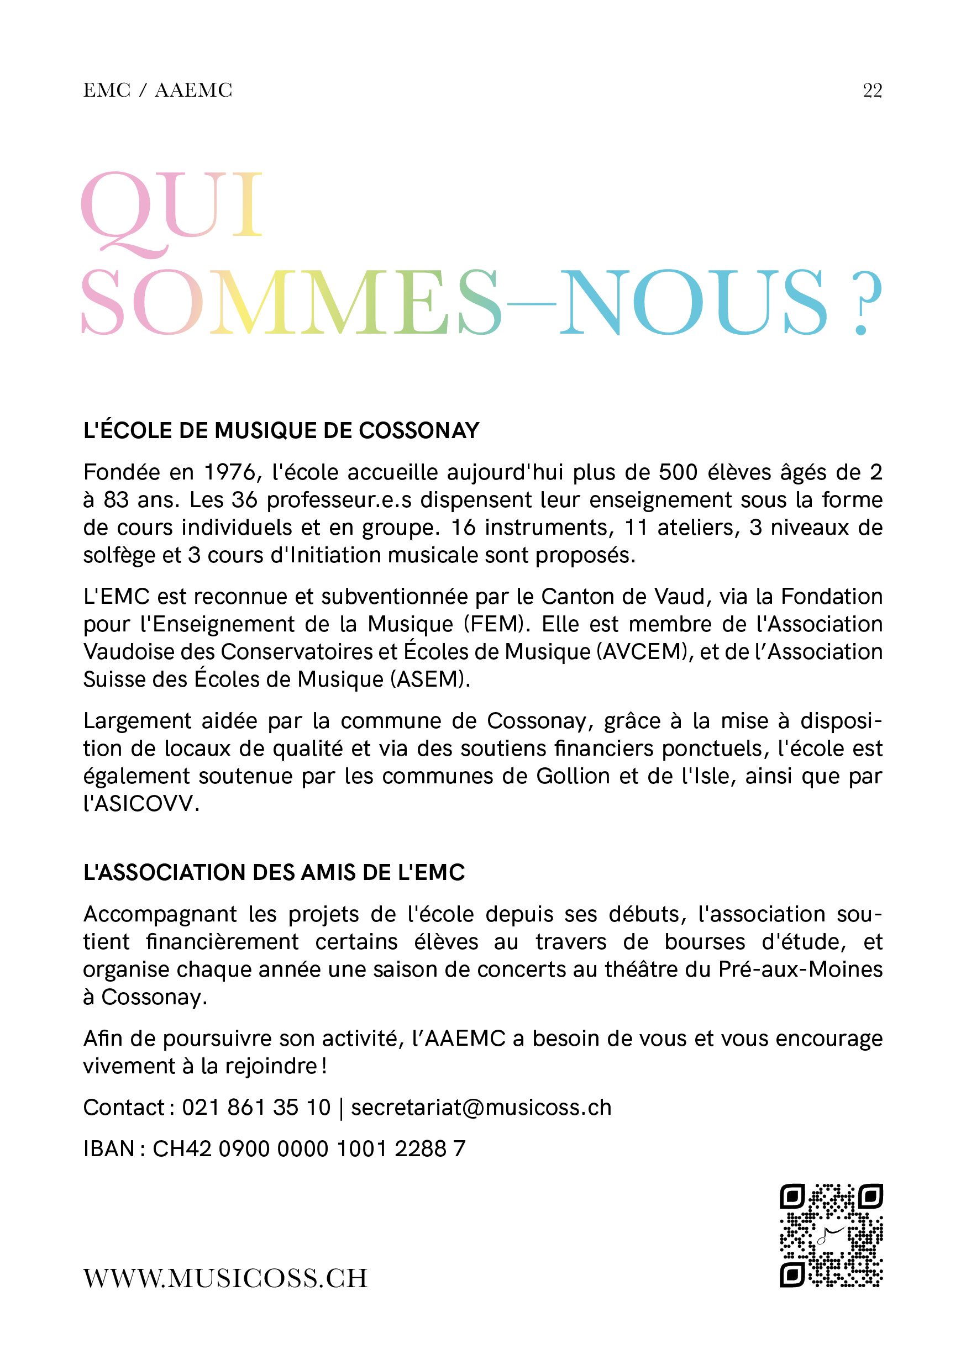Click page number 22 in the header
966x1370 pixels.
pyautogui.click(x=872, y=90)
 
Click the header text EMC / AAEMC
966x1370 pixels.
pyautogui.click(x=158, y=90)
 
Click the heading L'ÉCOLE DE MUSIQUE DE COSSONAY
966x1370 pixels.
pyautogui.click(x=281, y=431)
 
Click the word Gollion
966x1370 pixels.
pyautogui.click(x=573, y=776)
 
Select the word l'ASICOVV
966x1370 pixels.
pyautogui.click(x=141, y=804)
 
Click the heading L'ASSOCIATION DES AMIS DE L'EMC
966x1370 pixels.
pyautogui.click(x=274, y=873)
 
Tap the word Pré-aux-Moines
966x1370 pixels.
pyautogui.click(x=800, y=969)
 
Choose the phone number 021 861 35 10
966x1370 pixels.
pyautogui.click(x=256, y=1108)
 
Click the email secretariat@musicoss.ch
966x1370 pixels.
pyautogui.click(x=481, y=1108)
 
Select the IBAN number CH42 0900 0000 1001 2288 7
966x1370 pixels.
pyautogui.click(x=309, y=1148)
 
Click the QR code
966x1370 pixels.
pyautogui.click(x=831, y=1235)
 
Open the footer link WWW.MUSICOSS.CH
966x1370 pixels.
pyautogui.click(x=225, y=1279)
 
